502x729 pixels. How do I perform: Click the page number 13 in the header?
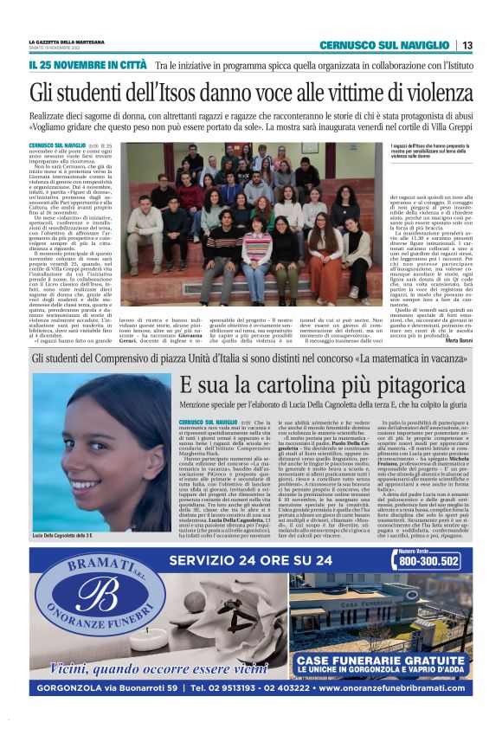(467, 45)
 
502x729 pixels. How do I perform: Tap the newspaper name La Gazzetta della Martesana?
(66, 42)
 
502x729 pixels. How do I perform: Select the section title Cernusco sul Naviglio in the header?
(384, 45)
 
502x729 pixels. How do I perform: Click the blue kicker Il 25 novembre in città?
(87, 65)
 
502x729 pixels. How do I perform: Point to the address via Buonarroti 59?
(132, 689)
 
